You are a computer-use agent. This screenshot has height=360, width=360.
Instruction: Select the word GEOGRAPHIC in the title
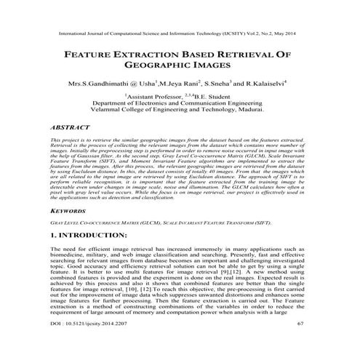[x=161, y=67]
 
